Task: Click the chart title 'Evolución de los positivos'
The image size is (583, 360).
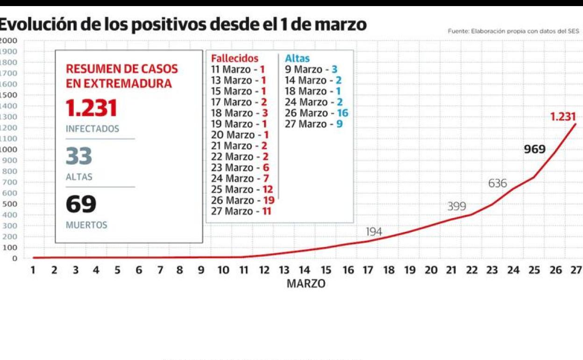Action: coord(182,24)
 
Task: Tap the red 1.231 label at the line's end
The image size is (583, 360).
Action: coord(562,117)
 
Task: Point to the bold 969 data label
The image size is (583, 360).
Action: coord(534,150)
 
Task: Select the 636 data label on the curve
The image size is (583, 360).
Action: coord(498,183)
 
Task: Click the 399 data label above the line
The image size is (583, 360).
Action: coord(456,206)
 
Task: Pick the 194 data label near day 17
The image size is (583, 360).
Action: coord(374,231)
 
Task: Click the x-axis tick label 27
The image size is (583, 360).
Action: coord(576,270)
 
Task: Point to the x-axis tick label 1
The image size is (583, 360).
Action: coord(33,270)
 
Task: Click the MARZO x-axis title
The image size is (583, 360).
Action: coord(306,284)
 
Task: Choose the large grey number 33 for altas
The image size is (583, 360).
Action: coord(78,156)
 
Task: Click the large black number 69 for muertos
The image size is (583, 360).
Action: coord(81,204)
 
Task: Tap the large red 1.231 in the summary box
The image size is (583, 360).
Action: coord(91,108)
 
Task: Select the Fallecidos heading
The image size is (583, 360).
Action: coord(235,58)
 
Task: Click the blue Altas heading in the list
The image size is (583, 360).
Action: coord(297,58)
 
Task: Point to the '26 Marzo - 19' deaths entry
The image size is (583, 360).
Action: coord(242,200)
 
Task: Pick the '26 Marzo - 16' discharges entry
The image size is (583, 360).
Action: coord(316,113)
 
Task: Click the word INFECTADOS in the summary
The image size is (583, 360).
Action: coord(92,129)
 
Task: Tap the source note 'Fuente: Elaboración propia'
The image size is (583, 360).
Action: coord(513,31)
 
